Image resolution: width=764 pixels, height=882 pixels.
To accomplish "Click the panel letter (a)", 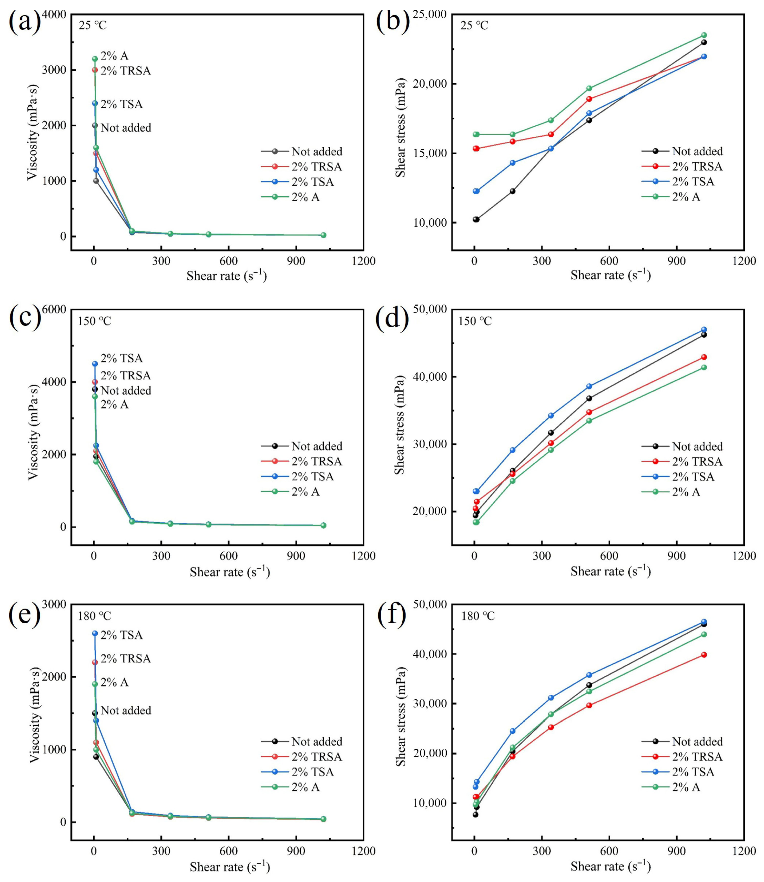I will pos(24,21).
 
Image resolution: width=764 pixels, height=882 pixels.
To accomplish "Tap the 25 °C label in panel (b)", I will pos(474,26).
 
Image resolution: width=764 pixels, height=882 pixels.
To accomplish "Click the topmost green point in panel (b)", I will pos(704,35).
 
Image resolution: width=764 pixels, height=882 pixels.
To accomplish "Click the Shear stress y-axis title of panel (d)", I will pos(400,425).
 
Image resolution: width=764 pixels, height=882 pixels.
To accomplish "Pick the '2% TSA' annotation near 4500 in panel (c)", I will pos(121,358).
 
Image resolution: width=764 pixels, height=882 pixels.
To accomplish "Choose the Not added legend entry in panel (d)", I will pos(697,446).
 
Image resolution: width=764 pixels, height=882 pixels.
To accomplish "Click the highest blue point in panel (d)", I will pos(704,330).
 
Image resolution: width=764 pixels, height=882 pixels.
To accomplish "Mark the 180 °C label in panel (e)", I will pos(94,616).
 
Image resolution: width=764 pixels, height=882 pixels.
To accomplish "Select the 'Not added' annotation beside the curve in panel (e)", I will pos(126,711).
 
